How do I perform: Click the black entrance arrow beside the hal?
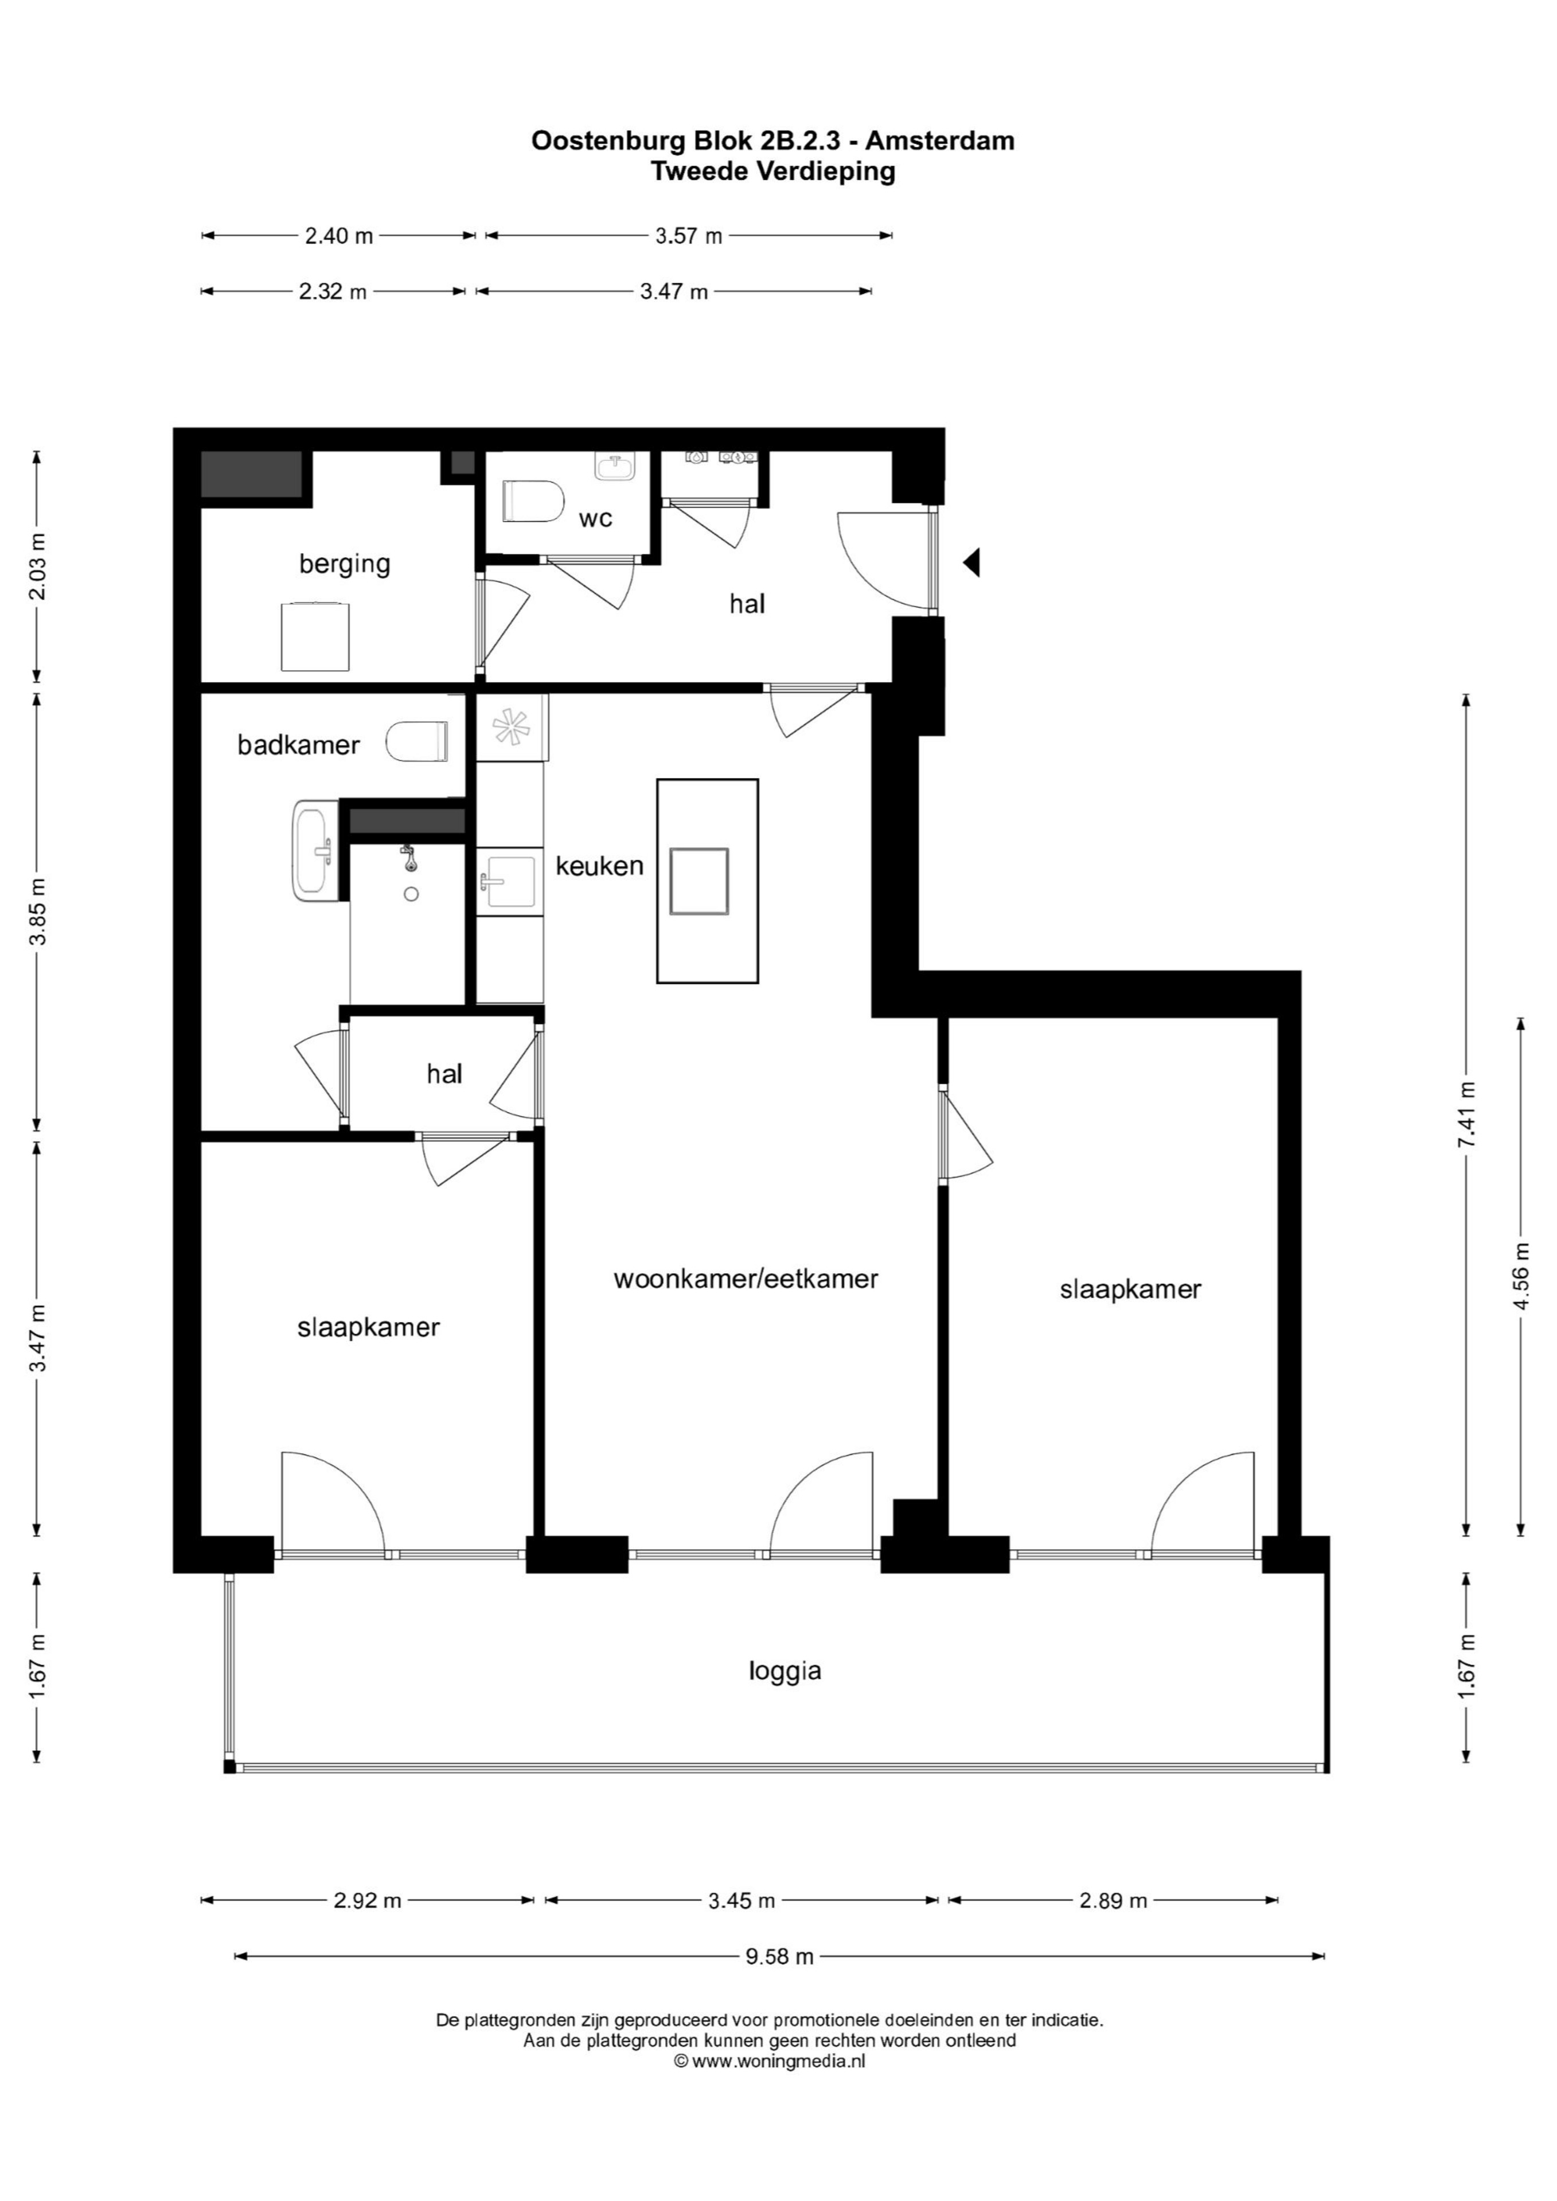tap(972, 562)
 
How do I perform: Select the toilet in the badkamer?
tap(417, 741)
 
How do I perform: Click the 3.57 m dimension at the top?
tap(688, 236)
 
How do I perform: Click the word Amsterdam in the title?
tap(942, 141)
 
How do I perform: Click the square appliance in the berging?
tap(315, 636)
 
